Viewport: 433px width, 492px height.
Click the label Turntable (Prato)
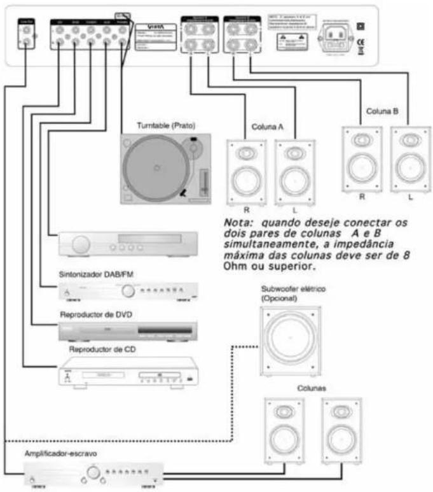coord(167,125)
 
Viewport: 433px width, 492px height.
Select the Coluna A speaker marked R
coord(246,171)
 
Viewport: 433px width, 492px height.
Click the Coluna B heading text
coord(382,111)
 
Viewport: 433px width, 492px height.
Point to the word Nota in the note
coord(237,223)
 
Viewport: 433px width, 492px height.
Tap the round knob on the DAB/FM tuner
coord(129,291)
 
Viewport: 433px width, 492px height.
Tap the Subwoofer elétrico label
coord(292,289)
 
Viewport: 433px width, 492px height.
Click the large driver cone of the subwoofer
coord(288,337)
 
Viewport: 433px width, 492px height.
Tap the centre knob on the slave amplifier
coord(94,473)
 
